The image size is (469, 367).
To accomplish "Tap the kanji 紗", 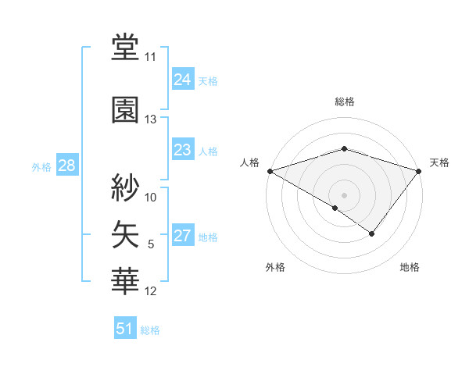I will pyautogui.click(x=126, y=187).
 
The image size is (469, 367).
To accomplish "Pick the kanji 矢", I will pyautogui.click(x=126, y=233).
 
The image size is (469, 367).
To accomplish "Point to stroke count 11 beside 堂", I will pyautogui.click(x=151, y=57).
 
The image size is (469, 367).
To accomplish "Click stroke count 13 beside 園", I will pyautogui.click(x=151, y=119).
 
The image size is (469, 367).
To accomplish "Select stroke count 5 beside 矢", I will pyautogui.click(x=151, y=244).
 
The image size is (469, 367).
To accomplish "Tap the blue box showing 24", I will pyautogui.click(x=182, y=80).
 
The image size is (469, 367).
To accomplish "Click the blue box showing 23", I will pyautogui.click(x=182, y=150).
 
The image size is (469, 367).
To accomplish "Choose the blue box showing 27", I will pyautogui.click(x=182, y=237).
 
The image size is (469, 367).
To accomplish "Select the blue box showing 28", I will pyautogui.click(x=66, y=166).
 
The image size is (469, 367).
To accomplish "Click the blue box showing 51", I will pyautogui.click(x=125, y=329).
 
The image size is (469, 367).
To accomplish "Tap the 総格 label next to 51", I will pyautogui.click(x=150, y=330).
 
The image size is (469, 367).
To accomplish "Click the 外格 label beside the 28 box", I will pyautogui.click(x=41, y=166).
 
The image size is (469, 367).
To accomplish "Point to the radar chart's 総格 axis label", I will pyautogui.click(x=344, y=102).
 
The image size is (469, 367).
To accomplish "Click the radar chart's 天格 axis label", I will pyautogui.click(x=440, y=162).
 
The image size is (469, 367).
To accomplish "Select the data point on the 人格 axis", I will pyautogui.click(x=270, y=170).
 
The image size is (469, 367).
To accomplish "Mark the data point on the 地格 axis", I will pyautogui.click(x=372, y=233).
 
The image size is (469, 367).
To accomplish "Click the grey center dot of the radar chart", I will pyautogui.click(x=344, y=194).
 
